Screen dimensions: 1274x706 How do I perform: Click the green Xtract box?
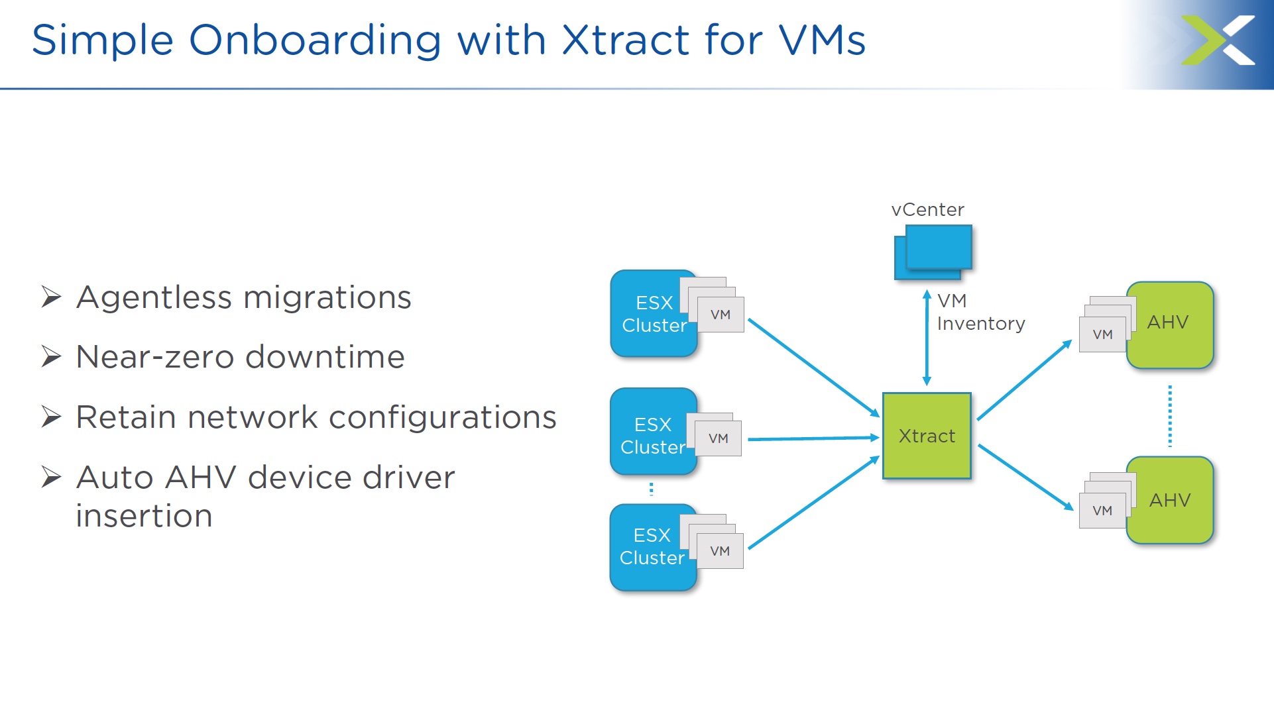pyautogui.click(x=927, y=436)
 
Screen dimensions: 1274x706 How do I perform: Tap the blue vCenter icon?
pyautogui.click(x=933, y=252)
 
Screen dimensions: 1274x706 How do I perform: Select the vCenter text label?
pyautogui.click(x=927, y=210)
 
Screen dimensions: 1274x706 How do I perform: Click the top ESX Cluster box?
pyautogui.click(x=654, y=313)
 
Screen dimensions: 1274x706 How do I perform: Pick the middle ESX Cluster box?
pyautogui.click(x=654, y=432)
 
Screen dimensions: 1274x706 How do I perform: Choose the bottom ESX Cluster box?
pyautogui.click(x=653, y=547)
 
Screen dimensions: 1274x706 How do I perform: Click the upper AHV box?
pyautogui.click(x=1170, y=325)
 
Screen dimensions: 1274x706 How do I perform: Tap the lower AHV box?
pyautogui.click(x=1170, y=500)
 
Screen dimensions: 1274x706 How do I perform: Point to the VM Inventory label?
pyautogui.click(x=981, y=312)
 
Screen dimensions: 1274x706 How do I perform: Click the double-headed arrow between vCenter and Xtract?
pyautogui.click(x=927, y=338)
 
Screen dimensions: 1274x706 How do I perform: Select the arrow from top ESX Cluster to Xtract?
pyautogui.click(x=814, y=368)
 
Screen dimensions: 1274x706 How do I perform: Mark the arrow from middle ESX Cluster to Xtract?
pyautogui.click(x=814, y=438)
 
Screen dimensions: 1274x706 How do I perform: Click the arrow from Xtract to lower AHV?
pyautogui.click(x=1026, y=478)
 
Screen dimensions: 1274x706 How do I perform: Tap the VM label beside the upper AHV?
pyautogui.click(x=1102, y=335)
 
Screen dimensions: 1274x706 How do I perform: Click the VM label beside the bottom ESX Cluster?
pyautogui.click(x=720, y=551)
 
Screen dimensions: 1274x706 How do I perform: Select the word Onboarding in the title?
pyautogui.click(x=316, y=40)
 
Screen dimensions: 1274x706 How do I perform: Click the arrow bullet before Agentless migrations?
pyautogui.click(x=51, y=297)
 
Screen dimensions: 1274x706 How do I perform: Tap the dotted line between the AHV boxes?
pyautogui.click(x=1170, y=416)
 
